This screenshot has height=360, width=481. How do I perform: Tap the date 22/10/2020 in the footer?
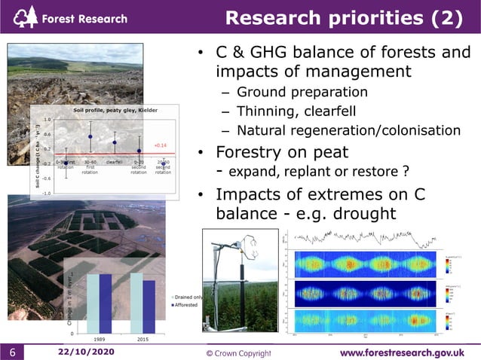tap(86, 352)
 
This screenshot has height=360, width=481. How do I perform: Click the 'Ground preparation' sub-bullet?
tap(302, 92)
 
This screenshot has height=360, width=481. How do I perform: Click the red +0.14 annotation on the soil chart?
tap(160, 145)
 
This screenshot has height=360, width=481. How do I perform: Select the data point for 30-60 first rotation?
tap(90, 136)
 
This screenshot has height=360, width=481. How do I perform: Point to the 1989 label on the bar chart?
tap(99, 339)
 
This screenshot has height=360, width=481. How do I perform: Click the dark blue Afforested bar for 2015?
tap(149, 306)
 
